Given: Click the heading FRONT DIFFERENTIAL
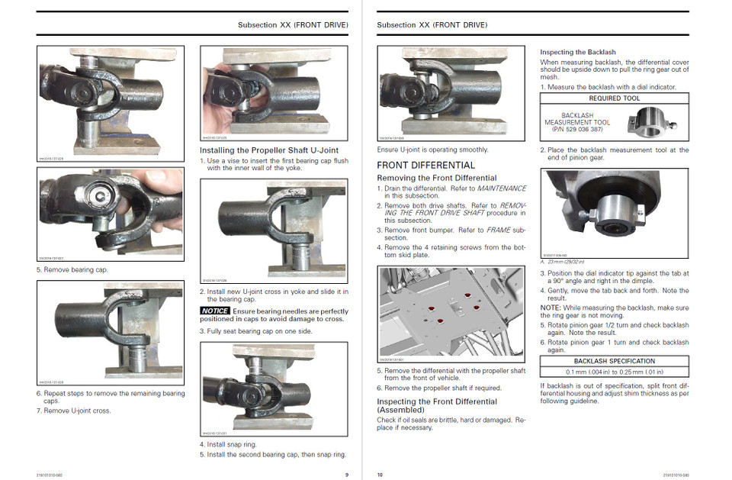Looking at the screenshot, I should pyautogui.click(x=425, y=165).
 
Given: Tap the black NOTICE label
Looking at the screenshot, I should pyautogui.click(x=215, y=311).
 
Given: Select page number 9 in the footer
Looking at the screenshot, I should pyautogui.click(x=345, y=474).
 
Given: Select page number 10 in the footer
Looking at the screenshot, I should pyautogui.click(x=380, y=474).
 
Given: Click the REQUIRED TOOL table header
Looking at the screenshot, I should pyautogui.click(x=614, y=98).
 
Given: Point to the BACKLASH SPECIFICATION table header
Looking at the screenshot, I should pyautogui.click(x=614, y=361).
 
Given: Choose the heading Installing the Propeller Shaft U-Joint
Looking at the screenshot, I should pyautogui.click(x=268, y=150).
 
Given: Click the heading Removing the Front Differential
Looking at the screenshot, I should pyautogui.click(x=437, y=178).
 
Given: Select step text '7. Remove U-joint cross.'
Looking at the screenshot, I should pyautogui.click(x=74, y=411).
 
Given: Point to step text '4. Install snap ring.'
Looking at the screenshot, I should pyautogui.click(x=228, y=444).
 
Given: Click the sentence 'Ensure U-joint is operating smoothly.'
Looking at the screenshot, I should pyautogui.click(x=432, y=150).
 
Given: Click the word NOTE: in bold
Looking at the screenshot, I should pyautogui.click(x=551, y=308).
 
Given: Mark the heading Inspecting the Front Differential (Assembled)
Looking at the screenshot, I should pyautogui.click(x=437, y=405).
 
